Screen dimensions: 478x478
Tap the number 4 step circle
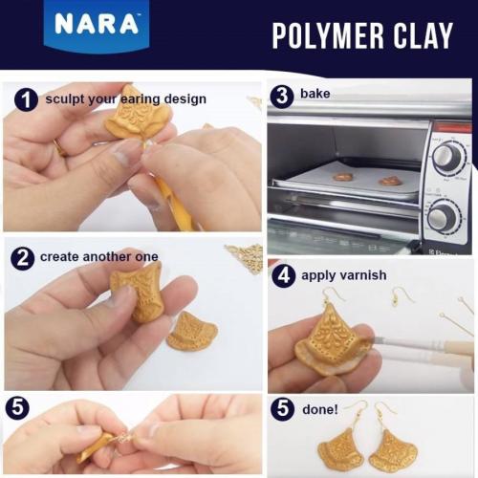[282, 275]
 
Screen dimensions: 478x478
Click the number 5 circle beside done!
[282, 408]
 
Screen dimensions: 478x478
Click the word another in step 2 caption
[106, 257]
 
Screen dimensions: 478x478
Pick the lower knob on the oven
[443, 215]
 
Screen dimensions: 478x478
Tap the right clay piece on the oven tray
[388, 180]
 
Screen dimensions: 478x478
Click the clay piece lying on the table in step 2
[191, 330]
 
